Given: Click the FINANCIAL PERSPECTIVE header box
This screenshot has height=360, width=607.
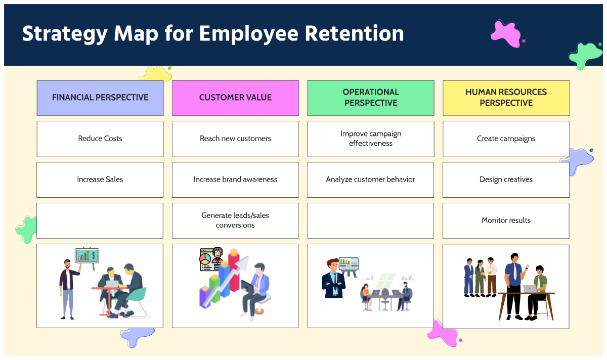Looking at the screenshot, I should point(100,98).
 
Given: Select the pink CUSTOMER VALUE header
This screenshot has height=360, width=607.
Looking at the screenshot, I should point(235,98).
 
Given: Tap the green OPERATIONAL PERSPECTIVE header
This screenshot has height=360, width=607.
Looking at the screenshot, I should point(370,98).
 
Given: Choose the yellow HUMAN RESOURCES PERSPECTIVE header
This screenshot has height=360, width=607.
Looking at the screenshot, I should point(506,98).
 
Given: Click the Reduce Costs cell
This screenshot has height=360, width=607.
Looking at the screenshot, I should point(100,139).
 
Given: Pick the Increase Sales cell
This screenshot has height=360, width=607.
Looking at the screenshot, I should point(100,179).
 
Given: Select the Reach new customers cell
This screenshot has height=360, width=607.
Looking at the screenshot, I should point(235,139).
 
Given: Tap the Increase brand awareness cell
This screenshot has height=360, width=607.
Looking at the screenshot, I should point(235,179).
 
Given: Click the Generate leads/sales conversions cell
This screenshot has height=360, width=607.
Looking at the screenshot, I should point(235,220).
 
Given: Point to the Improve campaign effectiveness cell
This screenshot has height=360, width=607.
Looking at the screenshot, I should point(370,139).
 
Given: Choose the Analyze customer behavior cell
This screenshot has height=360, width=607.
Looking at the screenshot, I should point(370,179).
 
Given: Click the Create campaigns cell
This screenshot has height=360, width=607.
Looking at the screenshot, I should point(506,139).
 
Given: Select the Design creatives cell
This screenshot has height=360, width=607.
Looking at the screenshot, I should point(506,179).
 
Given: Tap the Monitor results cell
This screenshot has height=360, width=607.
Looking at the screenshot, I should point(506,220).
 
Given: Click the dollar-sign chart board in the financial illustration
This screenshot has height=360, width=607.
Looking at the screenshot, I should point(87,255).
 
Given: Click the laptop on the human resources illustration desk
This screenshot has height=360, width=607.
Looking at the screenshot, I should point(530,289).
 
